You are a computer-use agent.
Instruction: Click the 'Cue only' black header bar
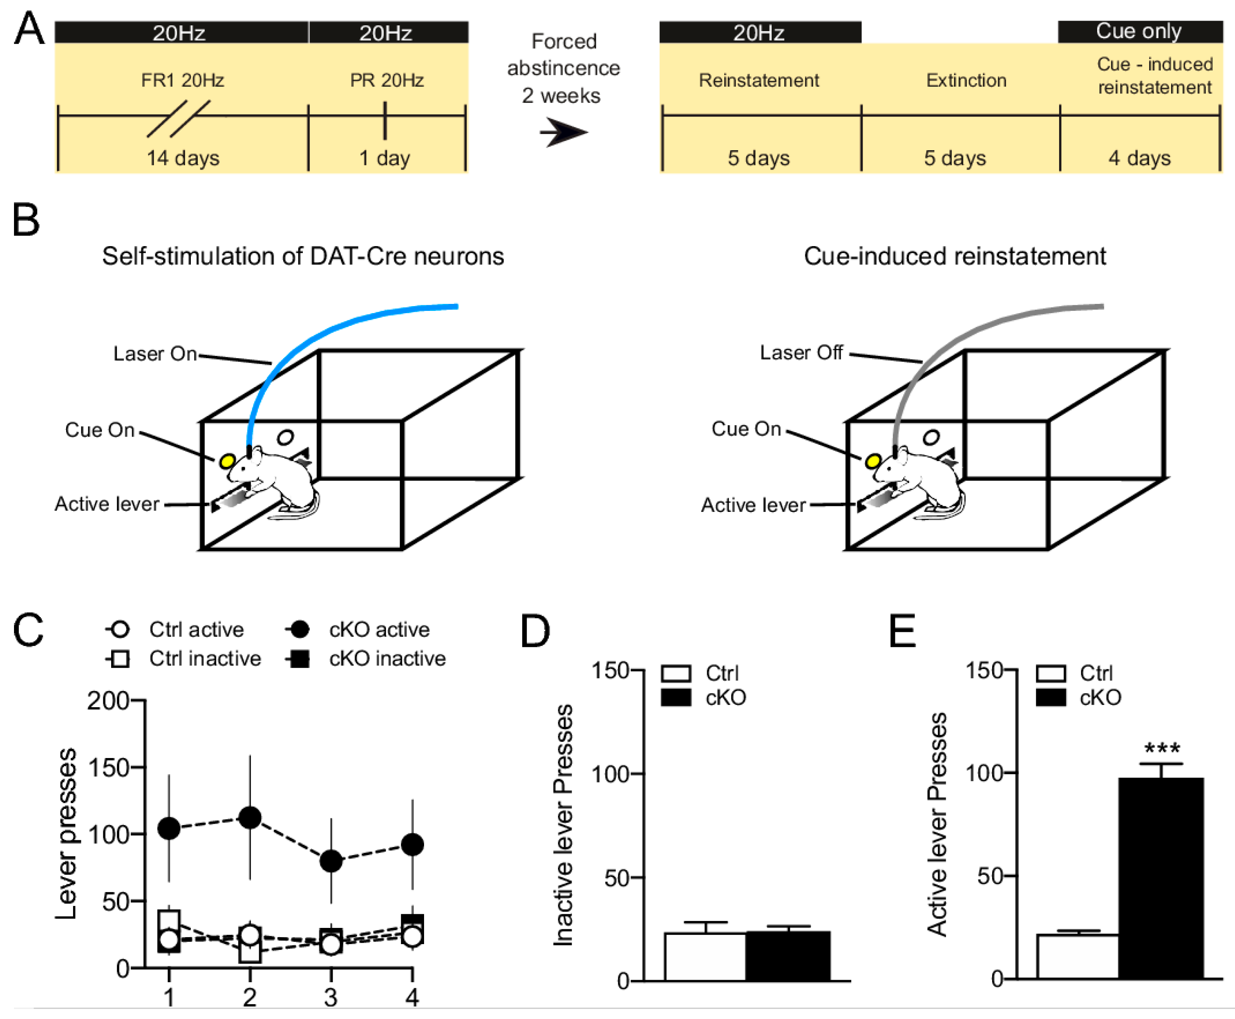coord(1139,31)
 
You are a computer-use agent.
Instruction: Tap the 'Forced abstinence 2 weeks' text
coord(563,68)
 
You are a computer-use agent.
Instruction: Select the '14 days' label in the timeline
coord(182,158)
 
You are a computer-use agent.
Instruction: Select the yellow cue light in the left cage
coord(227,461)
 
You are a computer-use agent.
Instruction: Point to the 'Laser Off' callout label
coord(801,353)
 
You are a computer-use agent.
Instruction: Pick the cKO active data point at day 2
coord(250,817)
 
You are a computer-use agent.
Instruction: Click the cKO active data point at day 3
coord(331,860)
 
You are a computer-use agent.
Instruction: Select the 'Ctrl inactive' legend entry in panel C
coord(204,659)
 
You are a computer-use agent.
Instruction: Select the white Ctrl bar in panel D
coord(705,956)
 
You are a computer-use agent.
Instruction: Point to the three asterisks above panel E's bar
coord(1161,749)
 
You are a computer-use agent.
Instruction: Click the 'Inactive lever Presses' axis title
coord(563,825)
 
